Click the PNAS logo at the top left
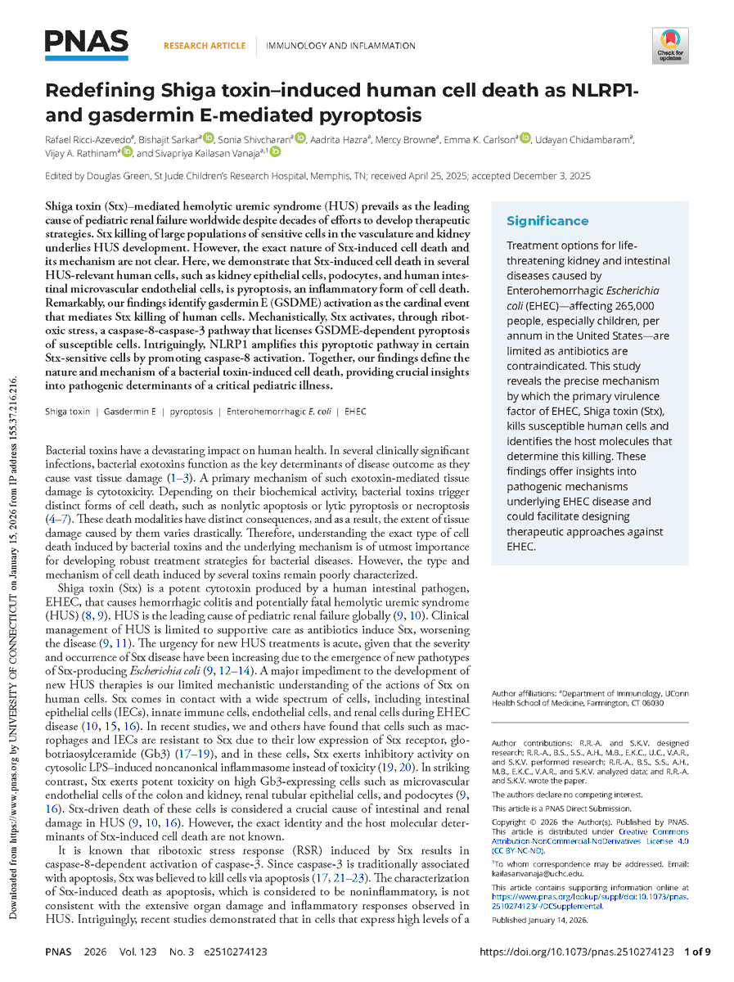tap(87, 42)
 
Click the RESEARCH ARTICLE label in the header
tap(204, 46)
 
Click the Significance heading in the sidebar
tap(547, 221)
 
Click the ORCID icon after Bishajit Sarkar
tap(209, 138)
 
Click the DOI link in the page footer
tap(575, 952)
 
